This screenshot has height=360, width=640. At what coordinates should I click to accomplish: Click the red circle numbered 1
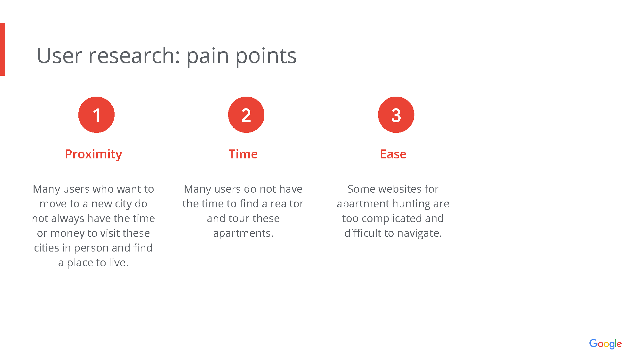[96, 115]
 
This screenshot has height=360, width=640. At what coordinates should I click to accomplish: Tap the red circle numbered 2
[246, 115]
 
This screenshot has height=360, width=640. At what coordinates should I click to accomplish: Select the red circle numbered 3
[396, 115]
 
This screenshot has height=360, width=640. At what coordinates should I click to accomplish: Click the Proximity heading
[93, 155]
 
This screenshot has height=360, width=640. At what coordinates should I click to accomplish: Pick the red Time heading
[243, 154]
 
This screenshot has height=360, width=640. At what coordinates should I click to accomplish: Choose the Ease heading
[393, 154]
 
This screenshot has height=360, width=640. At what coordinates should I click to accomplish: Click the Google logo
[605, 344]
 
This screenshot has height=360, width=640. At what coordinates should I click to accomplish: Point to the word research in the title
[134, 56]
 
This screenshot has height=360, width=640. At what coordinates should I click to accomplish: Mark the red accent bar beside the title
[3, 49]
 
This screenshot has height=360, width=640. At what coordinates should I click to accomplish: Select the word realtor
[287, 204]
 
